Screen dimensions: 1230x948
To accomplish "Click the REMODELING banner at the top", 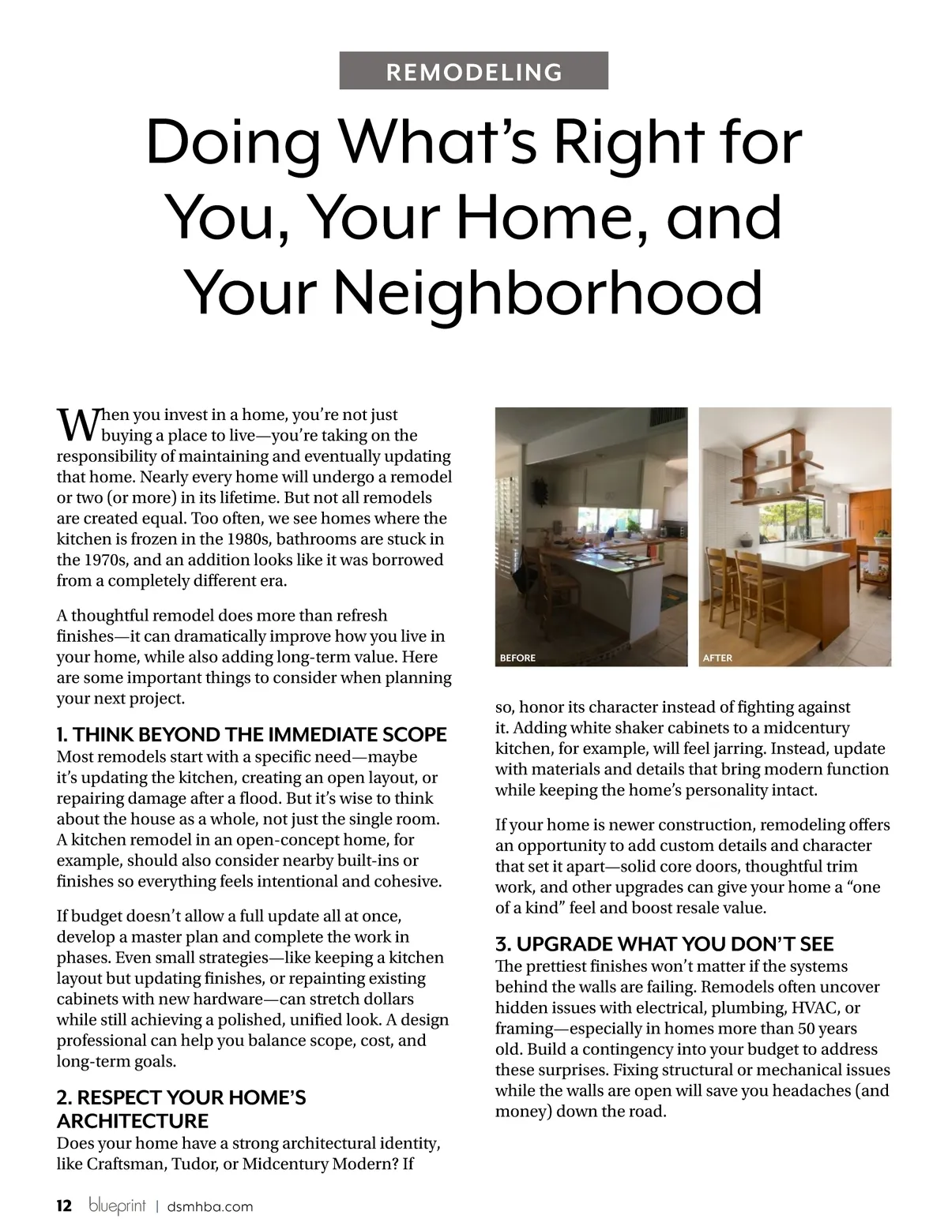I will tap(474, 71).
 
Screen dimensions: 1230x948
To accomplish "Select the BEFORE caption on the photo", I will tap(517, 658).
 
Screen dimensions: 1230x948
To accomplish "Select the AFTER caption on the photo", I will tap(717, 658).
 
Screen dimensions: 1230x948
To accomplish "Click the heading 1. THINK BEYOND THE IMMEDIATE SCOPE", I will tap(252, 735).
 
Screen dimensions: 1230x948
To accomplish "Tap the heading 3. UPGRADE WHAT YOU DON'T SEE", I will tap(664, 944).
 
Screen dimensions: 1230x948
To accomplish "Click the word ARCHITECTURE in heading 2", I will tap(133, 1120).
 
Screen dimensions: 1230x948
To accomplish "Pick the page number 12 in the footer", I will tap(64, 1206).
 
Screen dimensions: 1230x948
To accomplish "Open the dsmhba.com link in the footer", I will tap(210, 1206).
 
